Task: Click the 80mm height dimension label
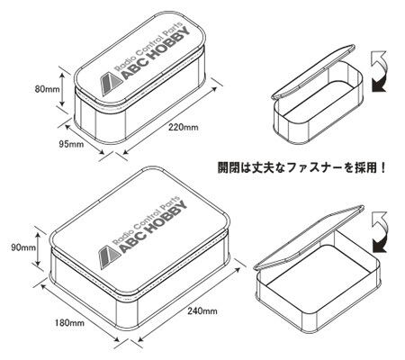[47, 89]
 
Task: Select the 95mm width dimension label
[71, 144]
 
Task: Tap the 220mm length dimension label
[184, 127]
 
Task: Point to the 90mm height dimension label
[23, 247]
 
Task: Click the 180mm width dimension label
[69, 323]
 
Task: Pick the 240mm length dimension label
[202, 311]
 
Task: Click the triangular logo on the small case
[111, 84]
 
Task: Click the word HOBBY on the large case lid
[166, 221]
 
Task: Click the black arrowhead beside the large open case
[379, 245]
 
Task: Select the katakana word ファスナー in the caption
[313, 167]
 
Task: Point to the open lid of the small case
[313, 72]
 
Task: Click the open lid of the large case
[309, 237]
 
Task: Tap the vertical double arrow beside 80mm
[62, 89]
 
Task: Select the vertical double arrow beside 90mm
[38, 249]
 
